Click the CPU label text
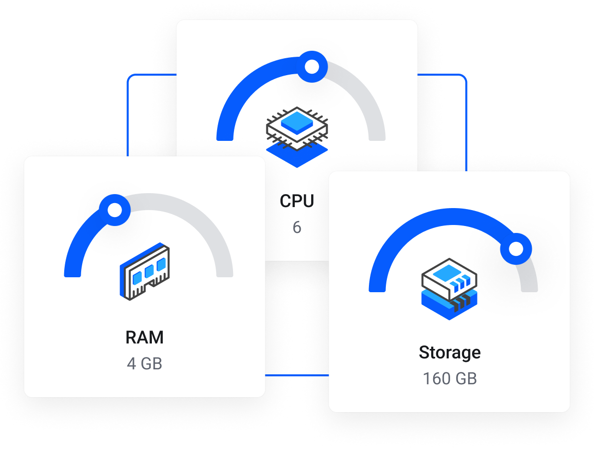click(297, 201)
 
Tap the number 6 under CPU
click(297, 227)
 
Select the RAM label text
click(144, 337)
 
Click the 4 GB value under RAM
click(144, 363)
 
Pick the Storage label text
click(450, 352)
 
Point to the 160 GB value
click(450, 379)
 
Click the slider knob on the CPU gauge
click(312, 67)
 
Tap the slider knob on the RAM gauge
click(115, 210)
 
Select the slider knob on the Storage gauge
click(516, 248)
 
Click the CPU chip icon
click(297, 127)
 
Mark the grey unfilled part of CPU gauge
click(363, 95)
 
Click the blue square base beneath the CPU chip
click(297, 157)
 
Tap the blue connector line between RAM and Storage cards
click(297, 374)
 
